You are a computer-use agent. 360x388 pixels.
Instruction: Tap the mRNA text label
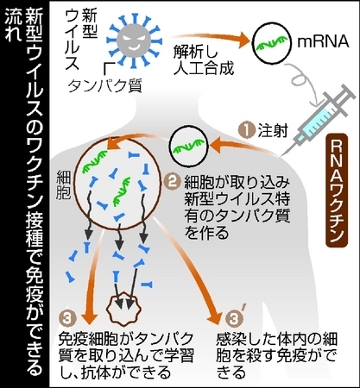[x=323, y=42]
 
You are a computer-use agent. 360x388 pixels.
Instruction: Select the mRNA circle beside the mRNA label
[x=271, y=43]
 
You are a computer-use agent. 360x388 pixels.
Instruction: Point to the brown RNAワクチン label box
[x=337, y=191]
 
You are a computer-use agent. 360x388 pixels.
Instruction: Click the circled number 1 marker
[x=247, y=131]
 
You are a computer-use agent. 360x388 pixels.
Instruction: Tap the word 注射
[x=273, y=131]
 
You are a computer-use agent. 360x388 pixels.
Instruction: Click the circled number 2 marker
[x=172, y=182]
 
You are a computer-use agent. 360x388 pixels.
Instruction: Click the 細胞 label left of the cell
[x=63, y=185]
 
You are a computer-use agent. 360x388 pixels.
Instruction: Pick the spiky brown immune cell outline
[x=124, y=309]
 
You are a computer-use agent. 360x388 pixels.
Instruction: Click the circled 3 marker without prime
[x=67, y=318]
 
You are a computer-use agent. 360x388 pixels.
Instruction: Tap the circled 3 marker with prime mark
[x=237, y=317]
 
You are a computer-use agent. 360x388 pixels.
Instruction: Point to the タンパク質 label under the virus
[x=104, y=85]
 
